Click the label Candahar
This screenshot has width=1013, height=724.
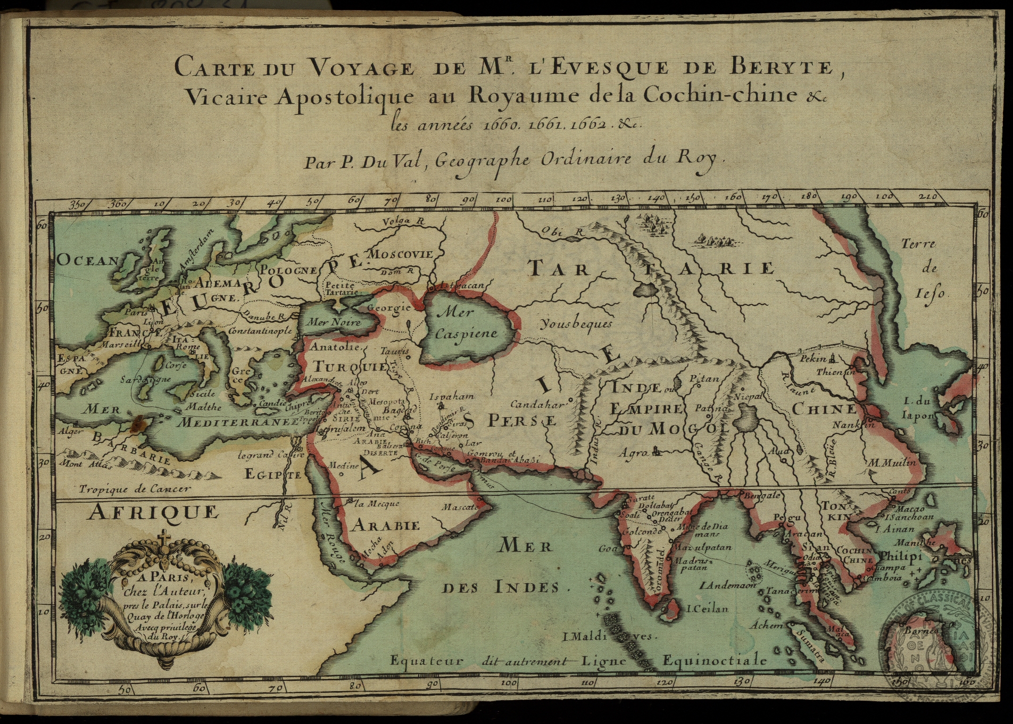point(537,404)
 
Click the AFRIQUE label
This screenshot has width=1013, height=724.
point(153,512)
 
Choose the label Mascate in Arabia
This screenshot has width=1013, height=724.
point(459,507)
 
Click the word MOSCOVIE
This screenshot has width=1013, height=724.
point(401,254)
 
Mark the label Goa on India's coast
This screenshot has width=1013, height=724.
point(608,548)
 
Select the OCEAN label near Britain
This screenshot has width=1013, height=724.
point(87,260)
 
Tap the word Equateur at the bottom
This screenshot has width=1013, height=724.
point(427,661)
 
